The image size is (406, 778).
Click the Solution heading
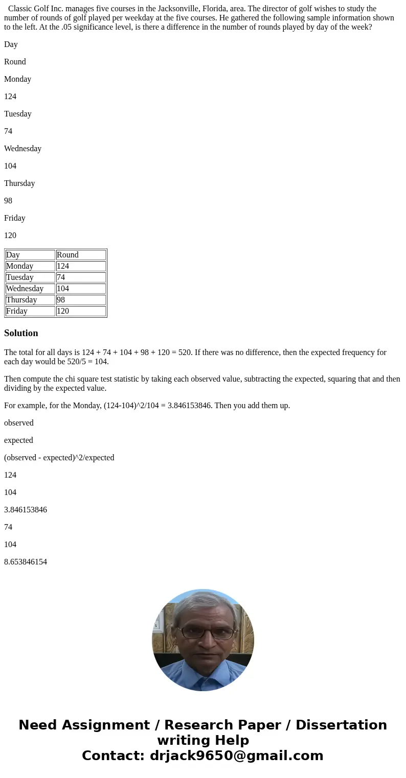pyautogui.click(x=21, y=333)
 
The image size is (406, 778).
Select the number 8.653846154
pyautogui.click(x=26, y=562)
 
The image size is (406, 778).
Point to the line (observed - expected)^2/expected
pyautogui.click(x=59, y=458)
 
